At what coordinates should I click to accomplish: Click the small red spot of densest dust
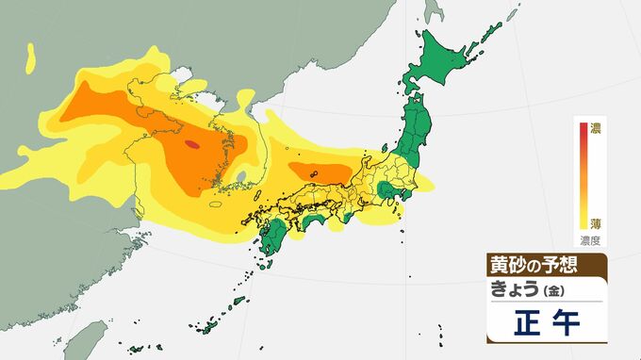click(192, 144)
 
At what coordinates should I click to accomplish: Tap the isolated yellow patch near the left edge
click(31, 58)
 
